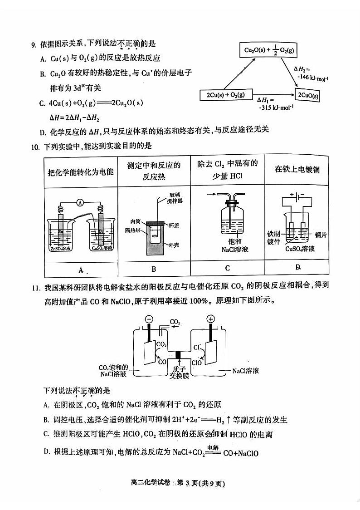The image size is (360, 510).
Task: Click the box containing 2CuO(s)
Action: coord(308,96)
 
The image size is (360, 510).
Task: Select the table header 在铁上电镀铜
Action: coord(297,170)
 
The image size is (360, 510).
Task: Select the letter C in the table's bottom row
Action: coord(227,268)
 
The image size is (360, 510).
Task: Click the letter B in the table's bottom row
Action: coord(154,269)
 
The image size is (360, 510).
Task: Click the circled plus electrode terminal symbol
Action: coord(211,319)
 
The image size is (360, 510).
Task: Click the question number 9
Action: coord(33,44)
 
